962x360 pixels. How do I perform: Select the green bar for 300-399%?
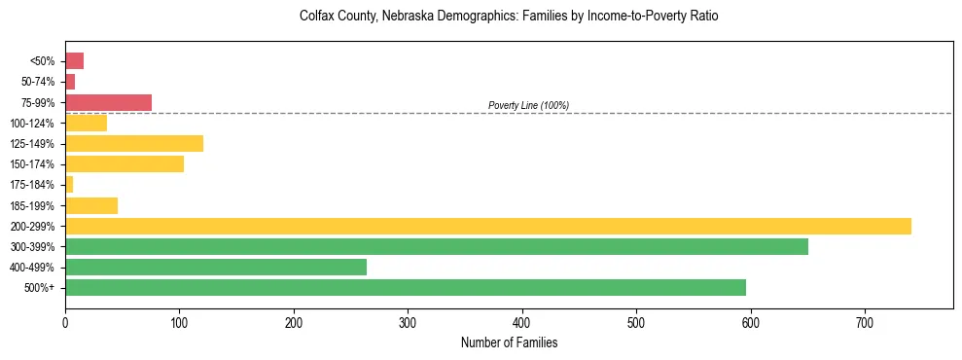pyautogui.click(x=437, y=246)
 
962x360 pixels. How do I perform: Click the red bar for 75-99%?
pyautogui.click(x=108, y=102)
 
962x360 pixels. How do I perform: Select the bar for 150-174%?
pyautogui.click(x=125, y=164)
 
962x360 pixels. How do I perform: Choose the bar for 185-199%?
pyautogui.click(x=91, y=205)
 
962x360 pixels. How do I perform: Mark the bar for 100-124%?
pyautogui.click(x=86, y=123)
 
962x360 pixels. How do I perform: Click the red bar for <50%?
pyautogui.click(x=74, y=61)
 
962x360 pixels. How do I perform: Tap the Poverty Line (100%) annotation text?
pyautogui.click(x=528, y=105)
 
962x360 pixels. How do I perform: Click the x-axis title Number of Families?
pyautogui.click(x=509, y=342)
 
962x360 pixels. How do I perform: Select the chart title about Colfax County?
pyautogui.click(x=509, y=18)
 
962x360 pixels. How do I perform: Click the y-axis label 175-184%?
pyautogui.click(x=33, y=185)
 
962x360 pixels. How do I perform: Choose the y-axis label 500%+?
pyautogui.click(x=40, y=288)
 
